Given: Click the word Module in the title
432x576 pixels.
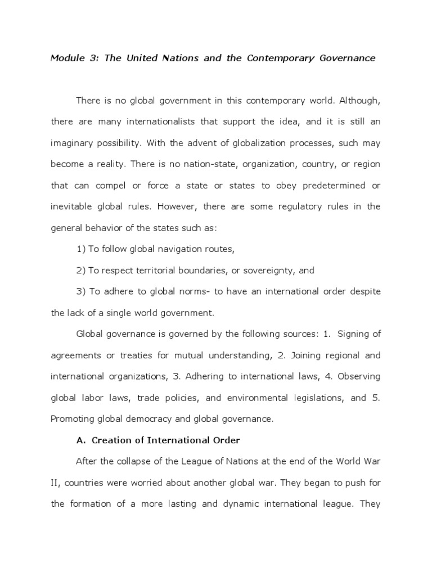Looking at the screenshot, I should [67, 58].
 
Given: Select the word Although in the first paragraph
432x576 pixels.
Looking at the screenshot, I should [357, 100].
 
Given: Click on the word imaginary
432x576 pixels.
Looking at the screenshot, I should [74, 143].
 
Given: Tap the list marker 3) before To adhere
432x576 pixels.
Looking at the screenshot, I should [80, 292].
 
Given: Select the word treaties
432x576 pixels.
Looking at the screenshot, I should [148, 355].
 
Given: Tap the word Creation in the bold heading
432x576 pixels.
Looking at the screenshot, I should [110, 440].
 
